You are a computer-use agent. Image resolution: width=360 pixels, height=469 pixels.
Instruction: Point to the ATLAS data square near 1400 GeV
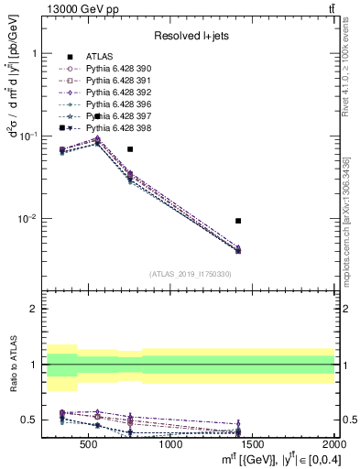tap(238, 221)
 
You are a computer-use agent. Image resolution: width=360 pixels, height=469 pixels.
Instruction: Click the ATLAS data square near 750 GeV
tap(130, 148)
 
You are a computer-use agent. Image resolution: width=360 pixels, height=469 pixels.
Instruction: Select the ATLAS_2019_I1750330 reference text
tap(190, 274)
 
